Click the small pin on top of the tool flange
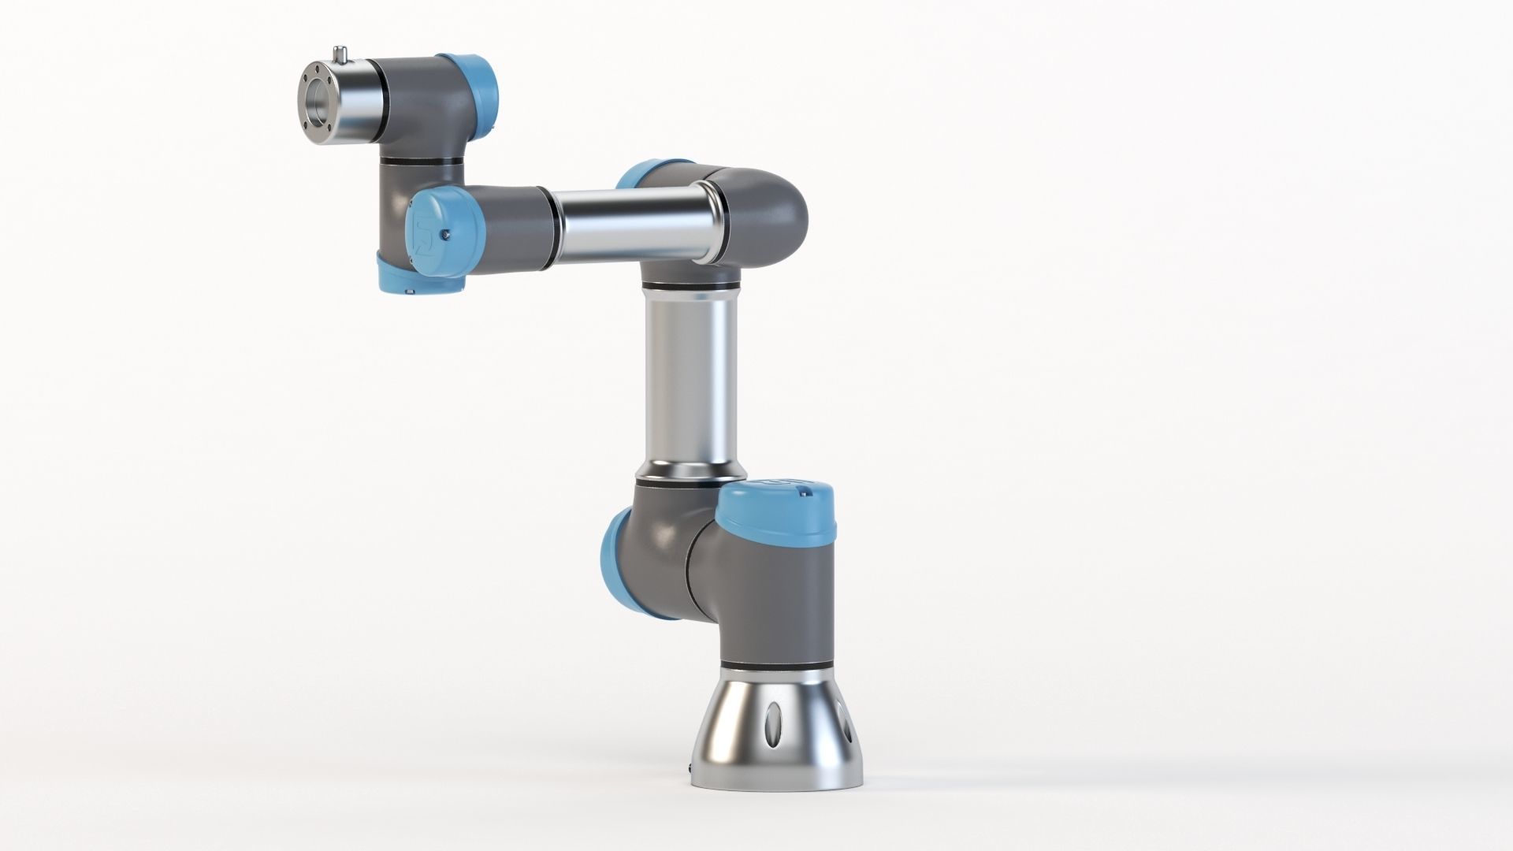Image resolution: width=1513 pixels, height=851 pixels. coord(340,54)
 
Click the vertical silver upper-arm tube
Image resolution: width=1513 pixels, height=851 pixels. coord(690,378)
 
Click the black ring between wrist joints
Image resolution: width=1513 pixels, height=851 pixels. coord(418,161)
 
